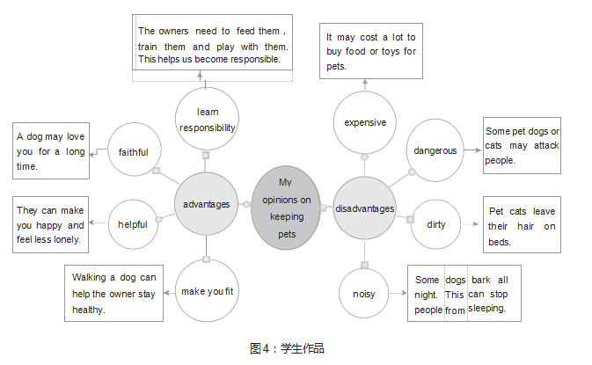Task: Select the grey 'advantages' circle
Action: click(206, 204)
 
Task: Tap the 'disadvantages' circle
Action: click(365, 208)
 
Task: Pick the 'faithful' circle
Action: click(133, 152)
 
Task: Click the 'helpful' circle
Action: click(133, 224)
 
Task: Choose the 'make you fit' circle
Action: click(206, 291)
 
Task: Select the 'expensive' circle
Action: click(365, 122)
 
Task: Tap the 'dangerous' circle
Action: click(435, 150)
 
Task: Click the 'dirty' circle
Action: click(436, 224)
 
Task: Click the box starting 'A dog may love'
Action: click(50, 151)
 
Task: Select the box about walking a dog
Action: click(113, 294)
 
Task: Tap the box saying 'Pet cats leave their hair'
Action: click(522, 226)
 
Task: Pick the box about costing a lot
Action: click(370, 51)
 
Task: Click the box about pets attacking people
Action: click(522, 145)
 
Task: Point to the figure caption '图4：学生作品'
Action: click(288, 348)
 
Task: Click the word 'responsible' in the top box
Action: click(252, 60)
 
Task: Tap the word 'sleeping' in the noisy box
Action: click(486, 309)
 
